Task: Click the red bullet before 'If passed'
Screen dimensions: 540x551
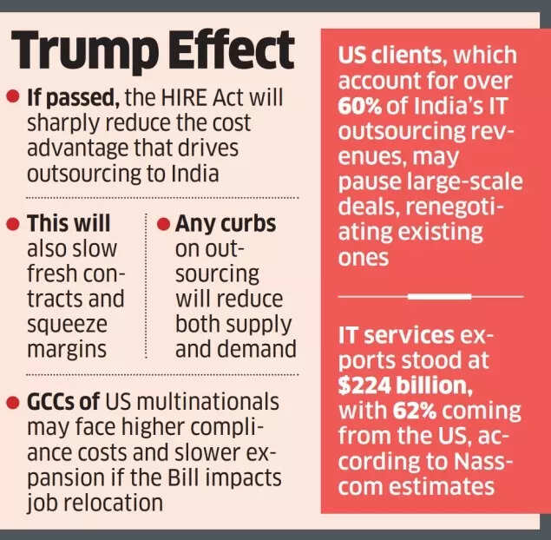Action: [12, 96]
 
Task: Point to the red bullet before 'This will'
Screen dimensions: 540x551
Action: [12, 224]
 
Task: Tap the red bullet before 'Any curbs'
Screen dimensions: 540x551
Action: [162, 224]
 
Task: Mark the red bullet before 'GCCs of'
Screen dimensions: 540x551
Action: [12, 402]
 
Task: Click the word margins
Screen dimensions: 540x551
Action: [65, 348]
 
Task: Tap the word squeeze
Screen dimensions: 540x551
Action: [65, 323]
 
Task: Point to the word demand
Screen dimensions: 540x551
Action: [256, 348]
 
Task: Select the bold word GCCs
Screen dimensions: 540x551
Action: [53, 402]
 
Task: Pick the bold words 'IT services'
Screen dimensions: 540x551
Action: [396, 334]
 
